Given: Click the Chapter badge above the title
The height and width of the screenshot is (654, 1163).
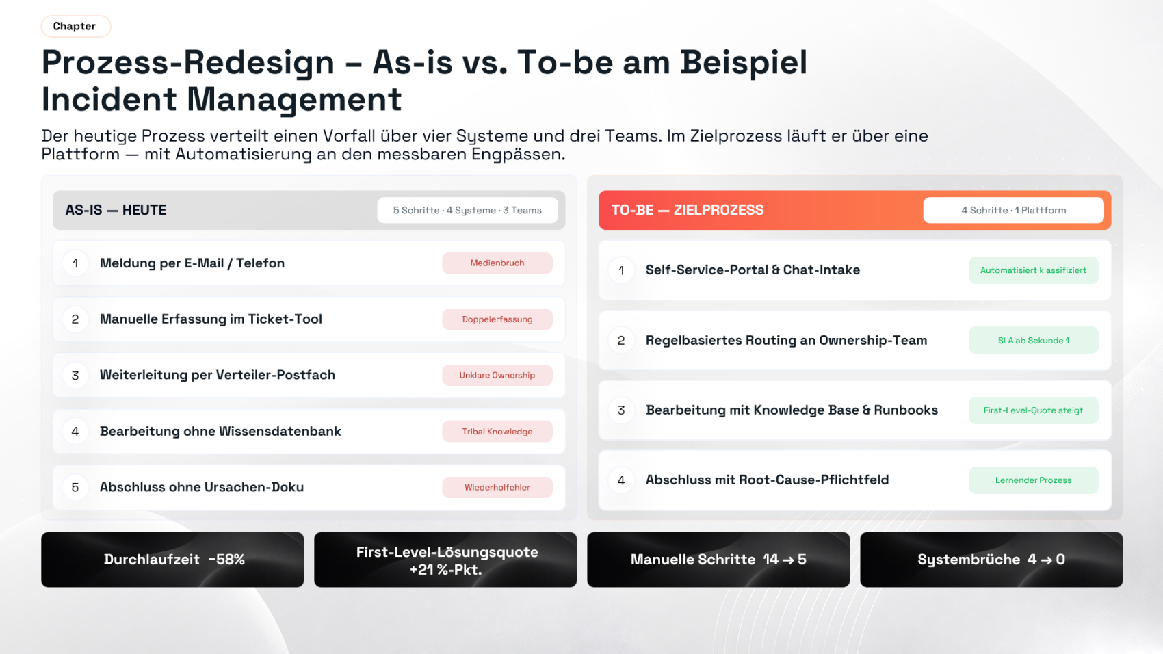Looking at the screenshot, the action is click(76, 27).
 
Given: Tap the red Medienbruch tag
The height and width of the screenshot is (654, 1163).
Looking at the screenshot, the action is click(497, 263).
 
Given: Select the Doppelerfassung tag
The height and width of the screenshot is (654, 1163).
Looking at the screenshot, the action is click(497, 319).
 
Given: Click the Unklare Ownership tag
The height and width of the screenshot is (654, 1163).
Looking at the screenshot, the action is click(497, 376).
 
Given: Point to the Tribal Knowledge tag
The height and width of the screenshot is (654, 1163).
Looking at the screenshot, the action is click(497, 432).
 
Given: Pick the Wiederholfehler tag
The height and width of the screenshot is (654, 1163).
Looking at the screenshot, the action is click(497, 487).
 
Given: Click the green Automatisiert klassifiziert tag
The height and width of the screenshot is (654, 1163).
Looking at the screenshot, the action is click(1033, 270).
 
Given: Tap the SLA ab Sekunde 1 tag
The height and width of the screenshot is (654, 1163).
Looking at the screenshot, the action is click(1033, 341).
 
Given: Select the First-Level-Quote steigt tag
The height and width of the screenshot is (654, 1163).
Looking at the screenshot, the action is click(1033, 410).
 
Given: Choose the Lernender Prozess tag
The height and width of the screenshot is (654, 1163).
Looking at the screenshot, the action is click(1033, 480).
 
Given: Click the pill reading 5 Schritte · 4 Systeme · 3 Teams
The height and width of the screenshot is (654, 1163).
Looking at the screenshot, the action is click(467, 210).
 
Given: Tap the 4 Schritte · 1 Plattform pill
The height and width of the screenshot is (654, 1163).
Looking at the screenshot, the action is click(1013, 210).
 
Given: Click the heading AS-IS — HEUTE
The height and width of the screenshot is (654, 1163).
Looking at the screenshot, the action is click(116, 210).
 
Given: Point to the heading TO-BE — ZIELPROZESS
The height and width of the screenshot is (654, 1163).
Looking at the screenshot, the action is click(688, 210).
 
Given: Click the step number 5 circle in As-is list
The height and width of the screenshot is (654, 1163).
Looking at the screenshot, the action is click(75, 487).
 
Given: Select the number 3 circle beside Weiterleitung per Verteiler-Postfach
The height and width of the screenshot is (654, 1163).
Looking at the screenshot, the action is click(75, 376).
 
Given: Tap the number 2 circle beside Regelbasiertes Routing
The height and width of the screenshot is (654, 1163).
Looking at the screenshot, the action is click(621, 341).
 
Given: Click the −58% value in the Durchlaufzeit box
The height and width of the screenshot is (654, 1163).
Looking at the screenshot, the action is click(226, 560).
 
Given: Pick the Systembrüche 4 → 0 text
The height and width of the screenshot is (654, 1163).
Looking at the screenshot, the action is click(991, 560).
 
